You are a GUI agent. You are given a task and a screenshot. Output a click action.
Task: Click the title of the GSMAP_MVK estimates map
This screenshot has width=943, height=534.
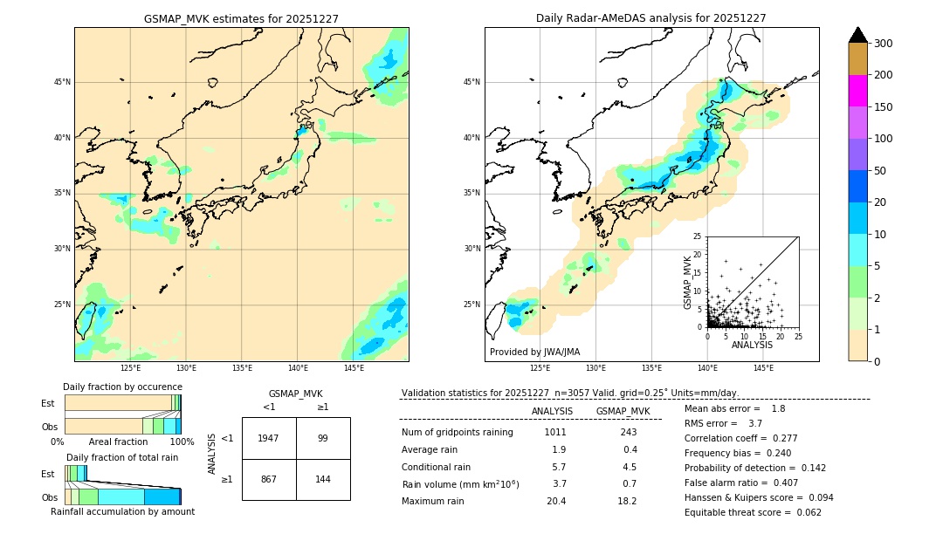pos(241,18)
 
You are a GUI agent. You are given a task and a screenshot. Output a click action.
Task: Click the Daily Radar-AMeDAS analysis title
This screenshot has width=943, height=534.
pos(651,18)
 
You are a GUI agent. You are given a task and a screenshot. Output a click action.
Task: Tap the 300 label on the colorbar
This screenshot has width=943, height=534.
pos(882,44)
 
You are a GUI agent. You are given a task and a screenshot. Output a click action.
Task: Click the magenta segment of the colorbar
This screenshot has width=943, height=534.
pos(858,91)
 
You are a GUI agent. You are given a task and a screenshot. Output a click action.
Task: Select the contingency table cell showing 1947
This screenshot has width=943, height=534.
pos(269,438)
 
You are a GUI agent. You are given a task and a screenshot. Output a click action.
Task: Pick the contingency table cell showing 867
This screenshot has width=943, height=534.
pos(269,479)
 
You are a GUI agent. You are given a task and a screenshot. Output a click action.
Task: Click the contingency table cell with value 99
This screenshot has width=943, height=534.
pos(323,438)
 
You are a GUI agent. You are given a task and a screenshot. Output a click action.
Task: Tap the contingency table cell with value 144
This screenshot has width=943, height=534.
pos(323,479)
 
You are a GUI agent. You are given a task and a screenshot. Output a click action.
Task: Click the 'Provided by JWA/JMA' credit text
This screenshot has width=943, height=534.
pos(534,353)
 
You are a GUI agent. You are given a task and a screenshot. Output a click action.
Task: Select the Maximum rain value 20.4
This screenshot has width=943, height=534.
pos(556,501)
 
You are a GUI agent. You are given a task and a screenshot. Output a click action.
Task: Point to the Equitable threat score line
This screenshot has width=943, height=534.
pos(753,512)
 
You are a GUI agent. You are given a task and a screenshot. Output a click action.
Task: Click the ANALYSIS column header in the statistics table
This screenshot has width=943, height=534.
pos(552,411)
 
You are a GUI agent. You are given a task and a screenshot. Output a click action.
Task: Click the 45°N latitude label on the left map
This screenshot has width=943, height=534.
pos(62,82)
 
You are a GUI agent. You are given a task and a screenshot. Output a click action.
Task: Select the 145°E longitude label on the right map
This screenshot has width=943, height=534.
pos(763,369)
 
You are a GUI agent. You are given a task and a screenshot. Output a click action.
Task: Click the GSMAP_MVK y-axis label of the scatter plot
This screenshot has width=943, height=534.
pos(688,282)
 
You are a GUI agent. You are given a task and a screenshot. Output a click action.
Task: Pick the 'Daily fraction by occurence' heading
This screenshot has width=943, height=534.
pos(122,387)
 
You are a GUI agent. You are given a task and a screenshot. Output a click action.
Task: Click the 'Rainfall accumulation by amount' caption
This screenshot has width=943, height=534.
pos(122,512)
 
